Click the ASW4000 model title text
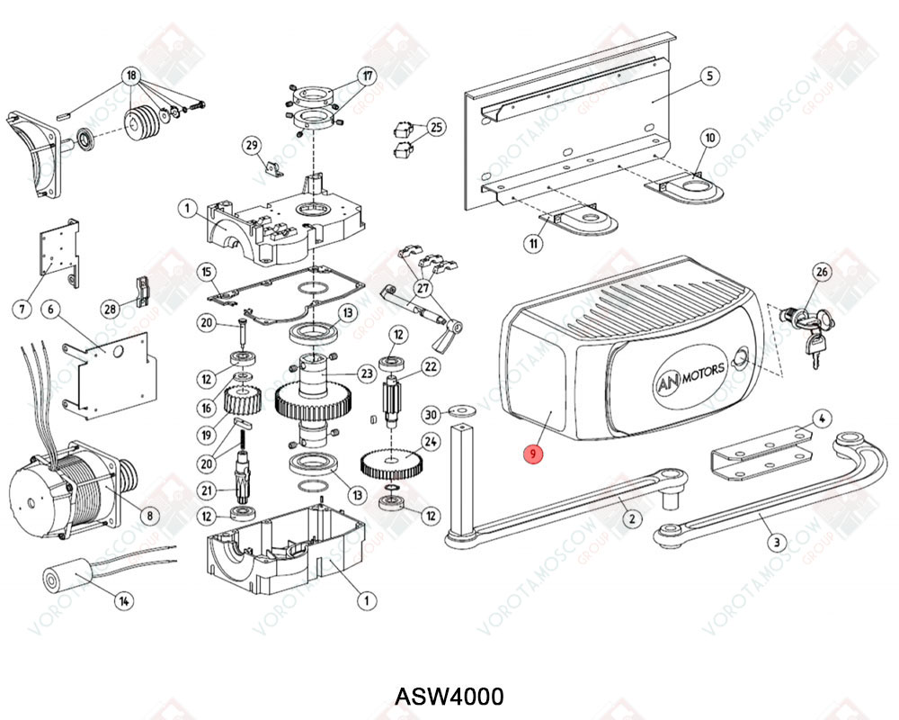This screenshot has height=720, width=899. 449,697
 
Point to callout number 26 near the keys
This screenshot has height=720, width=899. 822,272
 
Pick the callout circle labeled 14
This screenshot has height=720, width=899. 124,600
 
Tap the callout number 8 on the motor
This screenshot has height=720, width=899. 149,516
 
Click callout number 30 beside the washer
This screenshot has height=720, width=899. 432,414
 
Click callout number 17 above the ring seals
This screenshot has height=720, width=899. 368,77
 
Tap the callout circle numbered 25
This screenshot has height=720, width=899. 436,127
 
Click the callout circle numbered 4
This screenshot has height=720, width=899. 823,418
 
